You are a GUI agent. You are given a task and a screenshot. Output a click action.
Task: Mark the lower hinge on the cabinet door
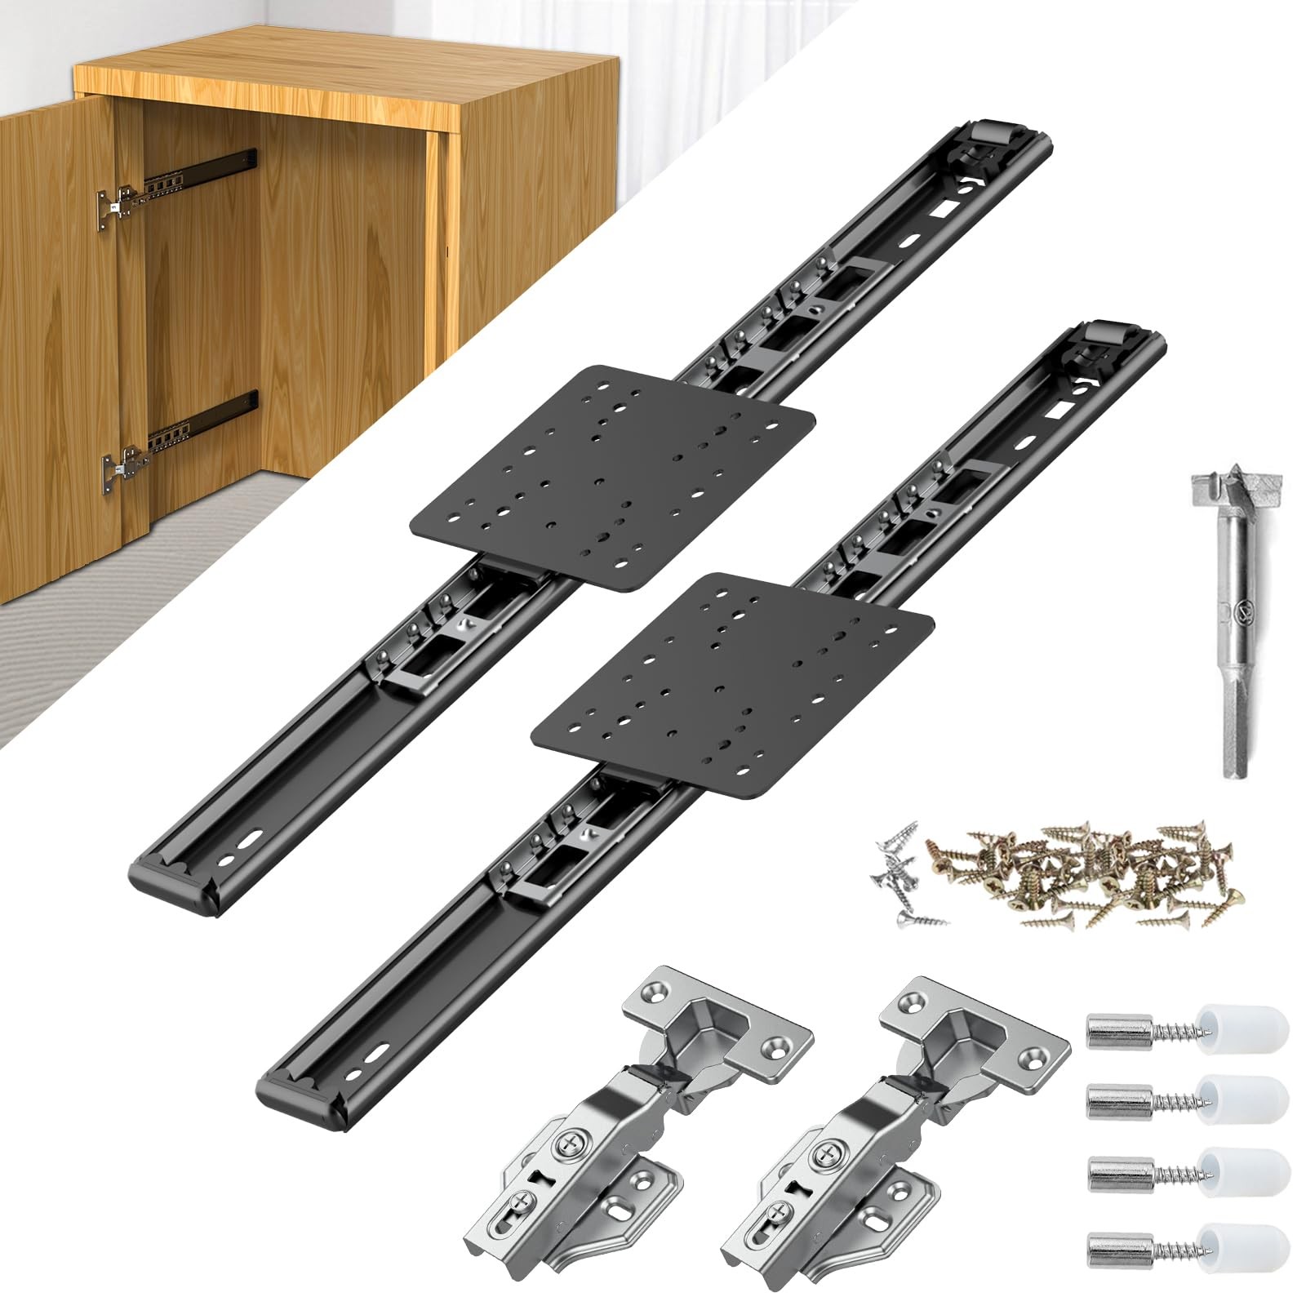click(x=122, y=469)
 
